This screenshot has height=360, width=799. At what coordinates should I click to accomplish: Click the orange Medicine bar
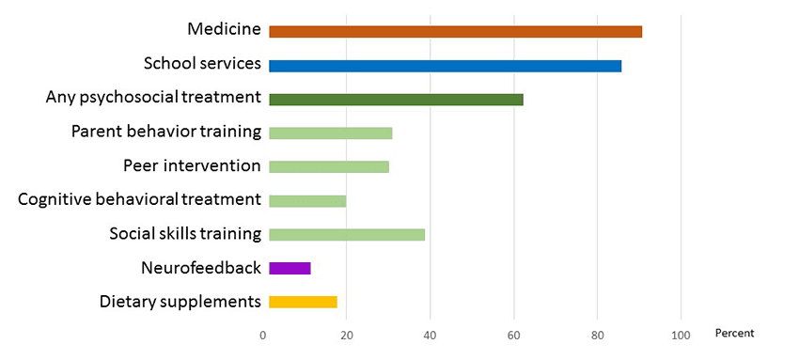point(455,32)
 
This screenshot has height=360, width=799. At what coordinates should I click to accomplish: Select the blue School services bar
point(445,66)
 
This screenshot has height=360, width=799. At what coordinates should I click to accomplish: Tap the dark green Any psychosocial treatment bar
point(396,100)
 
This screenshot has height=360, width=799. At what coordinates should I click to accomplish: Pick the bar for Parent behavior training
point(330,133)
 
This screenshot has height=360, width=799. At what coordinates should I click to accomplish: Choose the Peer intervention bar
point(328,166)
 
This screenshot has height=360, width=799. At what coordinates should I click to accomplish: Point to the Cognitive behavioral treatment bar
point(307,200)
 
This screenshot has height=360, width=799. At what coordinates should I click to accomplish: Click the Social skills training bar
point(347,234)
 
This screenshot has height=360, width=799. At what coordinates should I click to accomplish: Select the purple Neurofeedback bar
point(290,268)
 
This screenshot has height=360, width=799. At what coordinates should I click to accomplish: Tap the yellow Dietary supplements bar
point(303,302)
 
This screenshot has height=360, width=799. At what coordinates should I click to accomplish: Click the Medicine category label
point(224,29)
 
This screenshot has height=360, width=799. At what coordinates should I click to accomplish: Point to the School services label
point(202,63)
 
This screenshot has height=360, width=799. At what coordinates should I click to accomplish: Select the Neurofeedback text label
point(201,268)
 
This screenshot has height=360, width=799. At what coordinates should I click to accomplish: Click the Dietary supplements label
point(180,302)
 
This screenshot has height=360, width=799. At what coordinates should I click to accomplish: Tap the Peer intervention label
point(192,166)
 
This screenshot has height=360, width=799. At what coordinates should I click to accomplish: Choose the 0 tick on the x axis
point(263,336)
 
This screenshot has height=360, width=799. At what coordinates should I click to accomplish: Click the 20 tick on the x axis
point(347,336)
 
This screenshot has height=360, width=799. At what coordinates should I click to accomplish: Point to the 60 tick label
point(514,336)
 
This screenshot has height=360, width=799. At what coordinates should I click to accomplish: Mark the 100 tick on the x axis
point(681,336)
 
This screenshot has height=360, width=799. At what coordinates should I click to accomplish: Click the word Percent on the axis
point(734,334)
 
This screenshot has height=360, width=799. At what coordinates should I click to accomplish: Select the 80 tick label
point(597,336)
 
